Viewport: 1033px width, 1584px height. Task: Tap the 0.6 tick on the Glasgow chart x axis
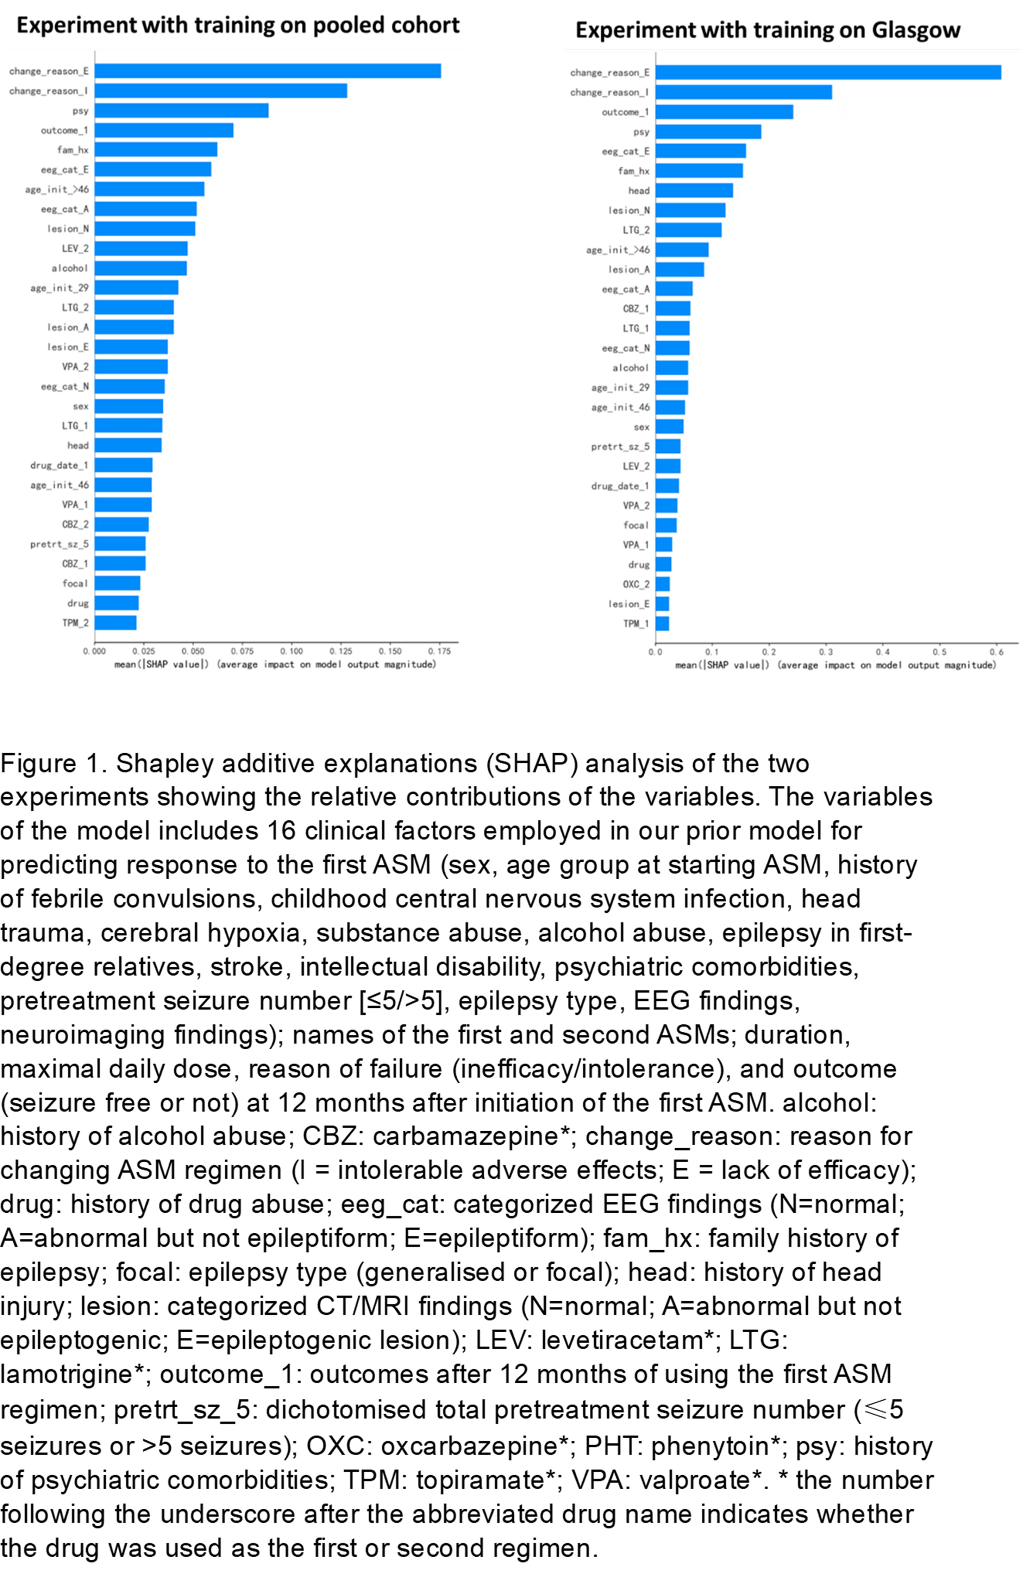[x=996, y=652]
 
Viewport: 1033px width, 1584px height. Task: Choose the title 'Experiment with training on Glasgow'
[x=768, y=30]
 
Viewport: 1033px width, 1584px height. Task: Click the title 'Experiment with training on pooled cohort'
[x=238, y=25]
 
